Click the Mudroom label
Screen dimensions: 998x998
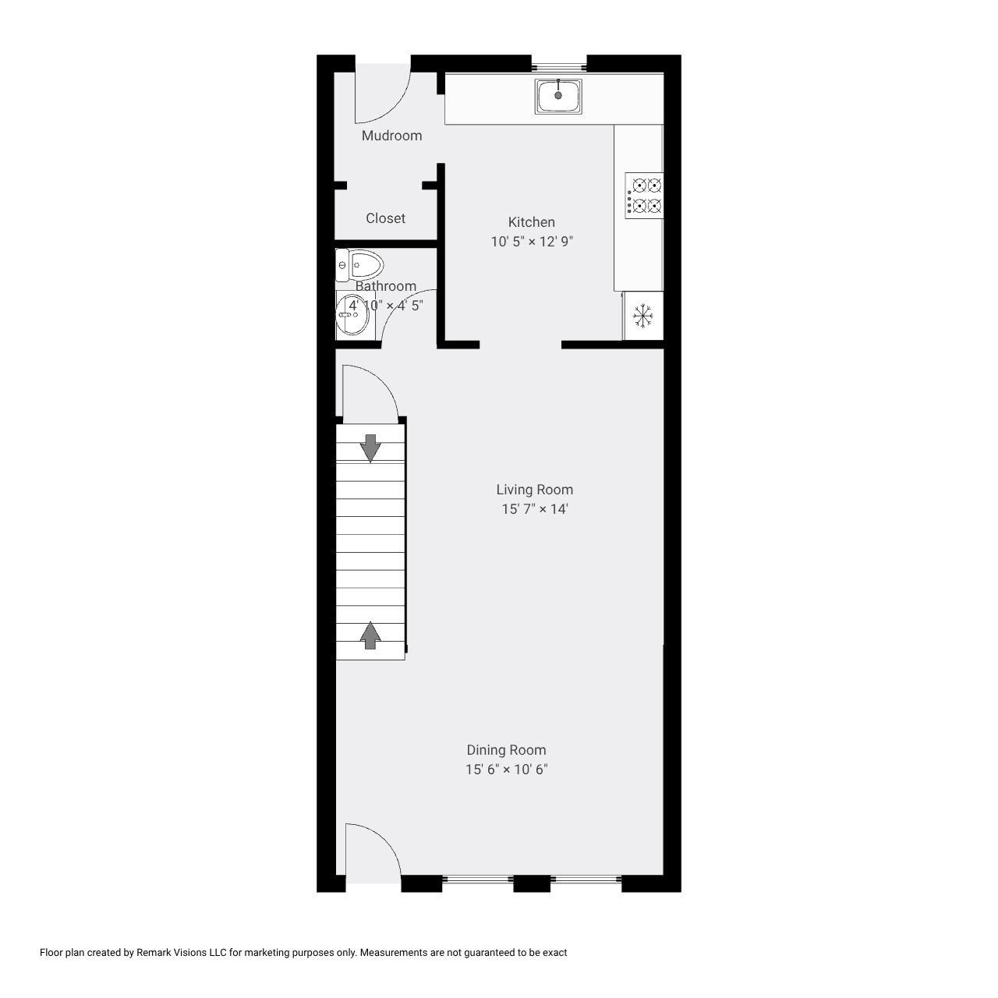point(391,136)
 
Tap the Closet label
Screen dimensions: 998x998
point(385,218)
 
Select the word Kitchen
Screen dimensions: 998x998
point(531,222)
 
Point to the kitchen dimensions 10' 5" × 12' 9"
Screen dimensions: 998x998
point(531,242)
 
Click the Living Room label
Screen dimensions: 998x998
point(534,490)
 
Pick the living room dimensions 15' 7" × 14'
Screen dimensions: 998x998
point(534,509)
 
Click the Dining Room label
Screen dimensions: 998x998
point(506,750)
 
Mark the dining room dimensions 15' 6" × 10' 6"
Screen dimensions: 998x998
point(506,770)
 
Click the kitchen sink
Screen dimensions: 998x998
point(558,96)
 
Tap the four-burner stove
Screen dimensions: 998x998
point(644,196)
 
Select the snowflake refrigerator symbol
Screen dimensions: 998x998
point(642,316)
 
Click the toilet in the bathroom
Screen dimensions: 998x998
point(359,265)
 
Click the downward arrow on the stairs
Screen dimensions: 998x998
point(370,447)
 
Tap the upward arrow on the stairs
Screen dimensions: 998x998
point(370,635)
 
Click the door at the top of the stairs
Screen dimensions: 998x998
point(368,394)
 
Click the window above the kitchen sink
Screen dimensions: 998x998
point(559,65)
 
